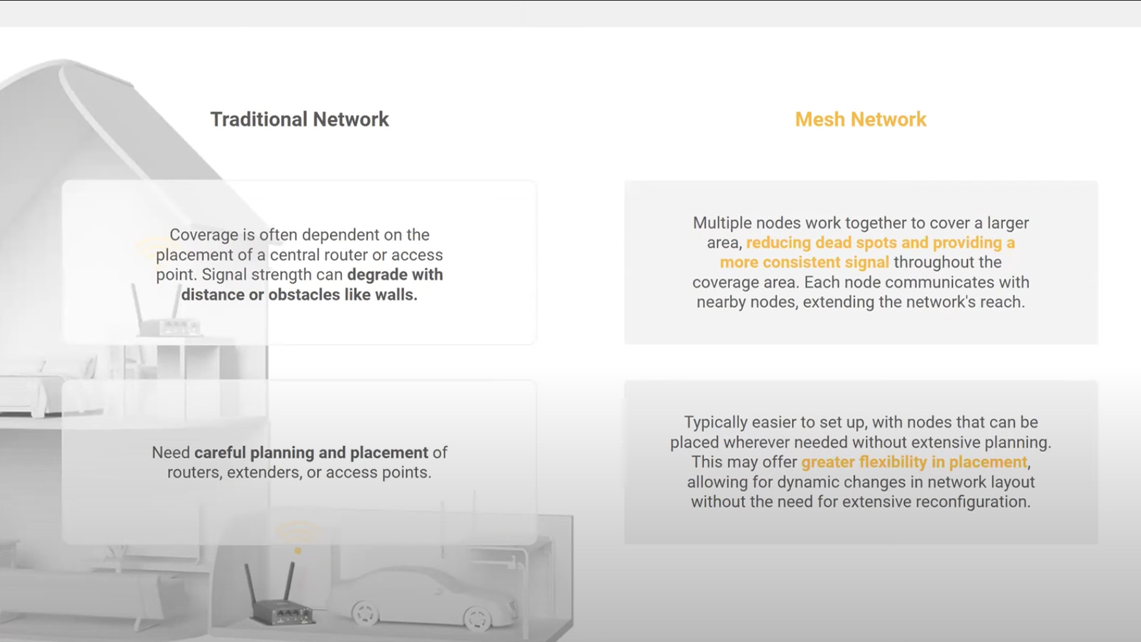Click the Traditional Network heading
pyautogui.click(x=300, y=119)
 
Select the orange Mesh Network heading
pyautogui.click(x=861, y=119)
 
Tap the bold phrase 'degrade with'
pyautogui.click(x=395, y=275)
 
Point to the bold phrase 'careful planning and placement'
pyautogui.click(x=311, y=453)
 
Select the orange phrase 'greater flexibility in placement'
pyautogui.click(x=915, y=462)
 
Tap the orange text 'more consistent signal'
pyautogui.click(x=805, y=263)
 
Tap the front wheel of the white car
pyautogui.click(x=477, y=616)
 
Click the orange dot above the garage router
pyautogui.click(x=298, y=551)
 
